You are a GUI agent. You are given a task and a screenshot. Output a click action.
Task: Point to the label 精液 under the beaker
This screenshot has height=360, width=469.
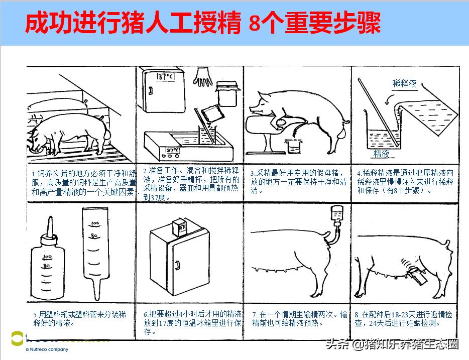(x=381, y=154)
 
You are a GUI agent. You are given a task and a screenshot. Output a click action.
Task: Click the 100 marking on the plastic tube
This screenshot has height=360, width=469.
(x=95, y=222)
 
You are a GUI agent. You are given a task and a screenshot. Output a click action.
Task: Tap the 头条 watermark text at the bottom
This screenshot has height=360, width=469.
(x=337, y=345)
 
